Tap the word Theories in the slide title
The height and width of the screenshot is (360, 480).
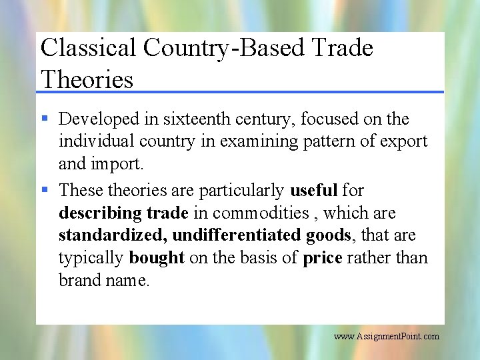(x=87, y=79)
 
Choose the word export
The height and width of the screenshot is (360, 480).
(x=405, y=142)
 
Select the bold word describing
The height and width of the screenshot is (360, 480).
(x=99, y=213)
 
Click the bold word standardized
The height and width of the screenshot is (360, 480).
(x=113, y=235)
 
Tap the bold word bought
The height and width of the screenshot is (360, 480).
(x=157, y=258)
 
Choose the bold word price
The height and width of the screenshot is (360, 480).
(x=323, y=258)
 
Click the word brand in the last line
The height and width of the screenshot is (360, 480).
(x=78, y=281)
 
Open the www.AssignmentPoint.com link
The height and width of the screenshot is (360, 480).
(x=387, y=336)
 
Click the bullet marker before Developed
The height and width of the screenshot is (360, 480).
(x=45, y=119)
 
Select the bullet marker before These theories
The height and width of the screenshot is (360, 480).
(x=45, y=190)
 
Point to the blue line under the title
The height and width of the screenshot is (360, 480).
(x=240, y=92)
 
